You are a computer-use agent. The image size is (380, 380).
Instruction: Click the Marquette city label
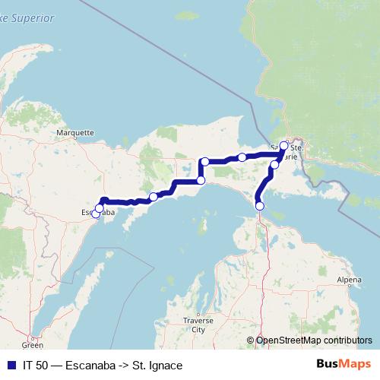75,131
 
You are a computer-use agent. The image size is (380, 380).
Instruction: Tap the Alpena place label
350,280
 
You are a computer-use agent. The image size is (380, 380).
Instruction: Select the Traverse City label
198,326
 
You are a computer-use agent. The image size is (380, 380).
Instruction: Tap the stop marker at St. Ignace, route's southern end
260,206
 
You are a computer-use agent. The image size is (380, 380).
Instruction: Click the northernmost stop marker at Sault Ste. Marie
283,145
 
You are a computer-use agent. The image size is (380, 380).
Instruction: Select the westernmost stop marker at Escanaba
96,214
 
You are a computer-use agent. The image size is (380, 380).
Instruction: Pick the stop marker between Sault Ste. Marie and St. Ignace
274,164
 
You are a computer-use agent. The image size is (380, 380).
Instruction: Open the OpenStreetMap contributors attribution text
314,340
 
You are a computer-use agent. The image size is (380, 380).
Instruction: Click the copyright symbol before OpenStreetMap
251,340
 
